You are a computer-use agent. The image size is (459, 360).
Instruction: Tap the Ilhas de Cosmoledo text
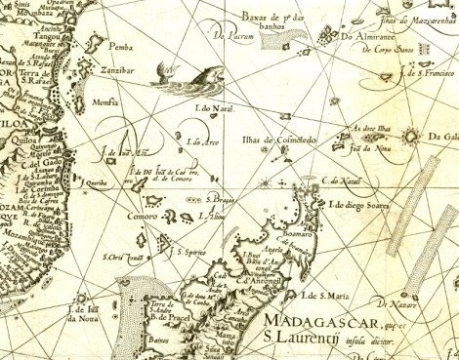coord(278,140)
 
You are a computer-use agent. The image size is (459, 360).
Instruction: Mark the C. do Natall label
coord(343,180)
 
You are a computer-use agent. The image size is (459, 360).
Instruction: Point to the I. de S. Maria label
coord(325,295)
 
